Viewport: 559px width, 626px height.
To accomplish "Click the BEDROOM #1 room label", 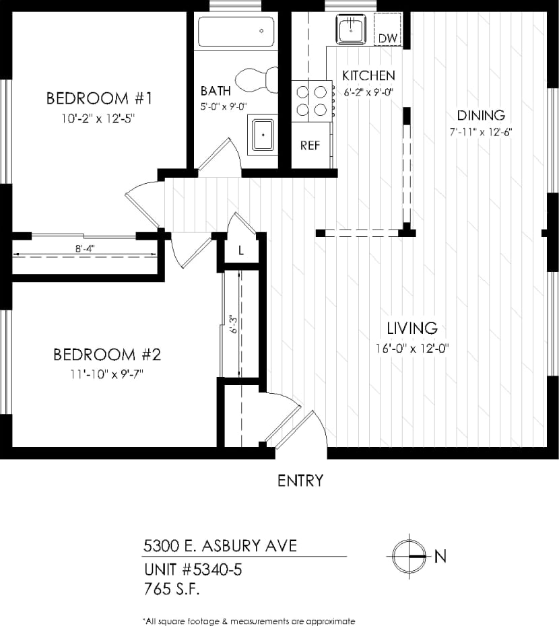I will (100, 98).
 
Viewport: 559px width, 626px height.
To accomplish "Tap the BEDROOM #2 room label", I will (106, 354).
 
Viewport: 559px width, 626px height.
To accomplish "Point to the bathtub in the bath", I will (236, 31).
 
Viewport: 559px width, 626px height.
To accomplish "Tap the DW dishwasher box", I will (387, 38).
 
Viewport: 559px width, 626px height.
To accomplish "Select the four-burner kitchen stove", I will (312, 100).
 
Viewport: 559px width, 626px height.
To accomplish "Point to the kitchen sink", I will (351, 29).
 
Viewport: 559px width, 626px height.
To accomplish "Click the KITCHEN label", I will (368, 75).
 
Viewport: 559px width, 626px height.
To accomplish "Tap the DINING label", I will (481, 115).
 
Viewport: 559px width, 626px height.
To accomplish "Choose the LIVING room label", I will (412, 328).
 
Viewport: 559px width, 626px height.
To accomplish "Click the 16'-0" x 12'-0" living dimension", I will (412, 349).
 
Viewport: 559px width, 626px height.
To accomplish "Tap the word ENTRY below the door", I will (300, 481).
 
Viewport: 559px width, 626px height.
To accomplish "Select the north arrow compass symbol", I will (409, 556).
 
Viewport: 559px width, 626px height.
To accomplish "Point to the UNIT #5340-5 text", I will (193, 570).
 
